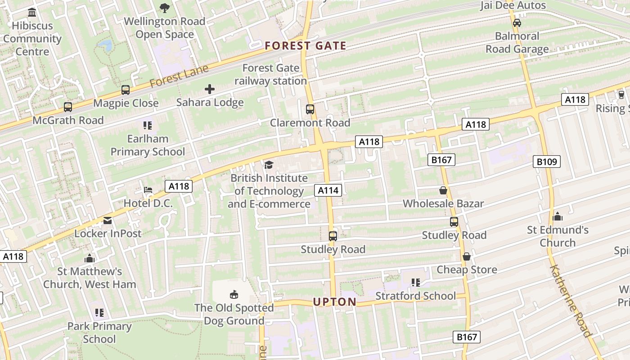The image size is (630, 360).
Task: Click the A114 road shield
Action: (328, 190)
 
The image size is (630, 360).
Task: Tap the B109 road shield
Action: (547, 162)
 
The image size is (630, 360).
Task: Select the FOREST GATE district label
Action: (306, 45)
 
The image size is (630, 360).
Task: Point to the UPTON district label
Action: (335, 302)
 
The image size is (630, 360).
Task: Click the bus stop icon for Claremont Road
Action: (310, 109)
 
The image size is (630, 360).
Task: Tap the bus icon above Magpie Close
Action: (126, 90)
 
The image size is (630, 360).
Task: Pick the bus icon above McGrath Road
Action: (68, 107)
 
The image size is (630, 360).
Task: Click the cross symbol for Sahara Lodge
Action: (210, 89)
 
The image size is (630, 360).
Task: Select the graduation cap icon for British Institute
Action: (269, 165)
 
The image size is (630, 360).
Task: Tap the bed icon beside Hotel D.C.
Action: (148, 190)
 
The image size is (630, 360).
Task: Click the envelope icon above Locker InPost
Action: (108, 220)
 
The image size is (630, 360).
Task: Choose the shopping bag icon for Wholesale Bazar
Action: (443, 190)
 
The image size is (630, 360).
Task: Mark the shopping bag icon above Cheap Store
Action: (467, 256)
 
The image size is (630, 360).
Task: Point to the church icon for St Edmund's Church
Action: (558, 217)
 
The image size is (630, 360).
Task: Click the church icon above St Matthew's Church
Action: (90, 258)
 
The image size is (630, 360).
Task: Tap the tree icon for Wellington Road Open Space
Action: (165, 8)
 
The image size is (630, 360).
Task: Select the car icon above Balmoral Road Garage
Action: (517, 22)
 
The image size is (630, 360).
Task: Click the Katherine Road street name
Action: (570, 301)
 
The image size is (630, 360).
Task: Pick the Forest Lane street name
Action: (179, 76)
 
